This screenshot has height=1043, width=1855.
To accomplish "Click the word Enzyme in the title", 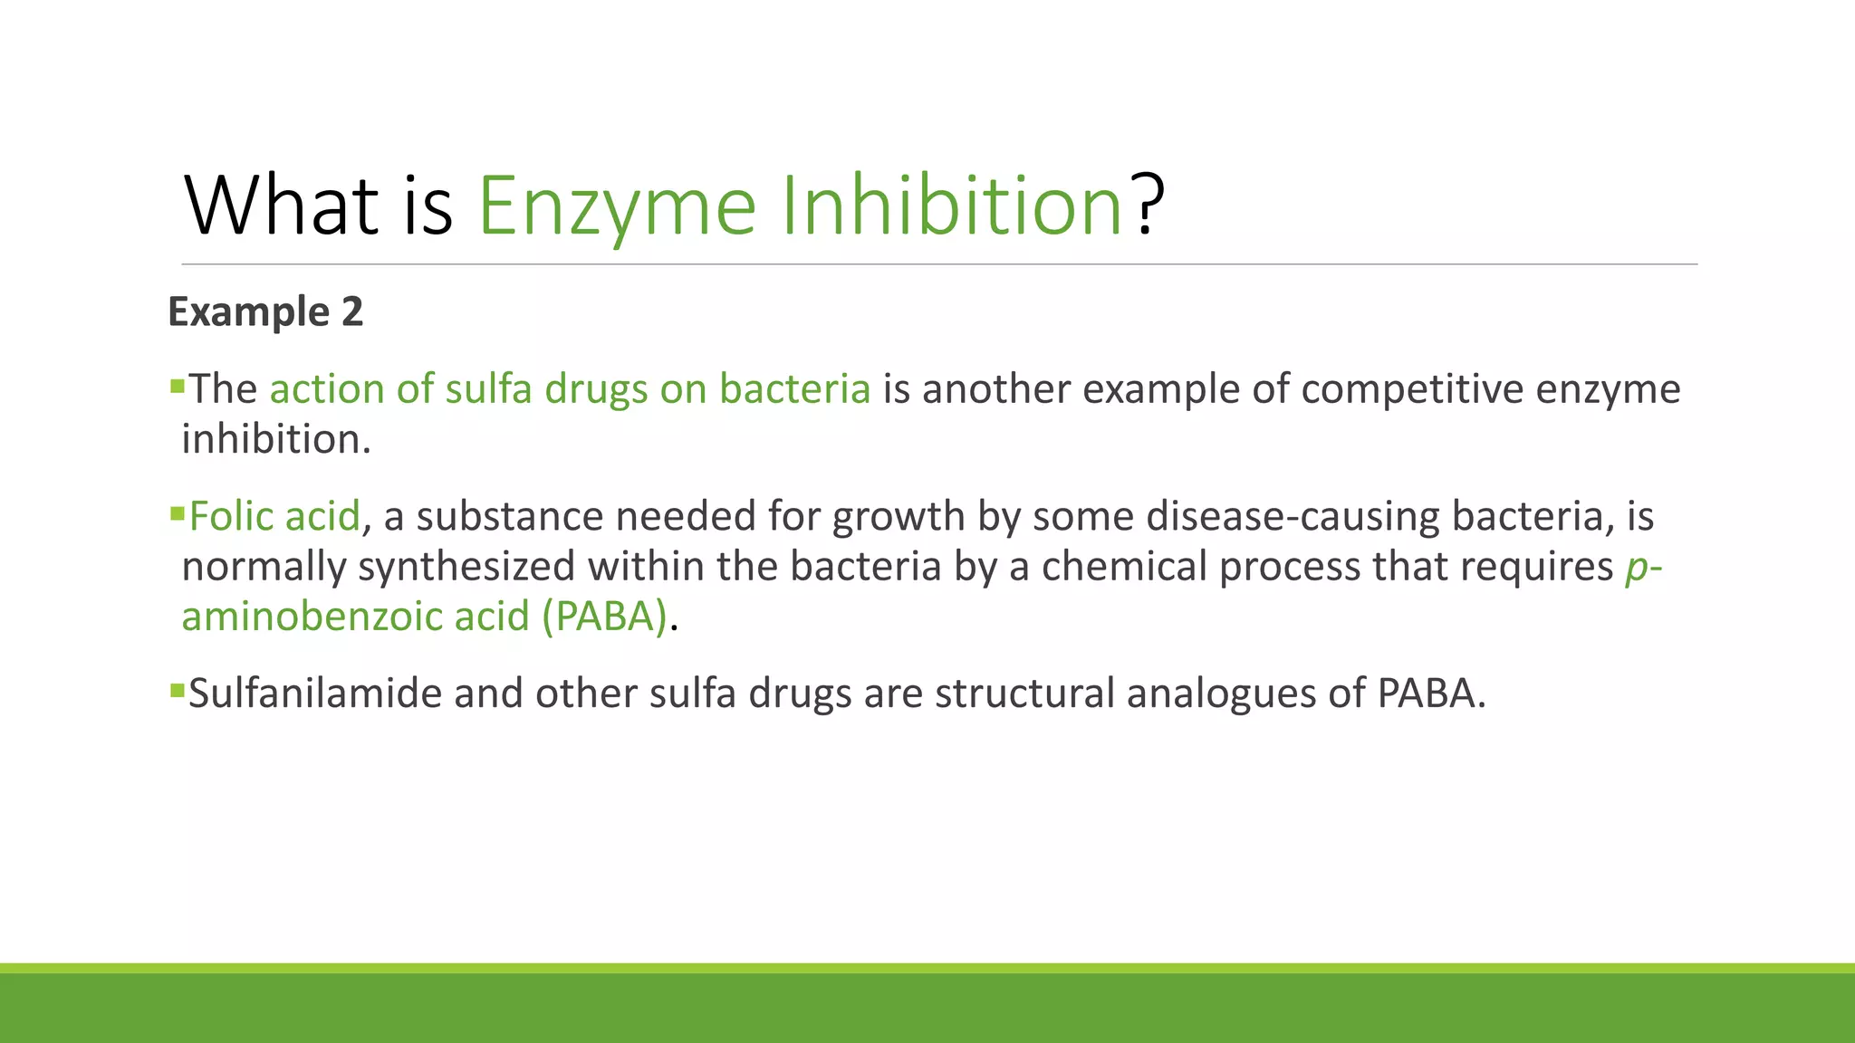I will coord(616,207).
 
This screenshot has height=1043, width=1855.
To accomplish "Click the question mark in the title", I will coord(1148,206).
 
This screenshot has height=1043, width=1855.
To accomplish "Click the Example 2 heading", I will coord(265,311).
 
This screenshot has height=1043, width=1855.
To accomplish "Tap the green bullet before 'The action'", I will coord(177,388).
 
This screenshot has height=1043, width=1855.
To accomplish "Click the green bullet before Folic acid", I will coord(177,514).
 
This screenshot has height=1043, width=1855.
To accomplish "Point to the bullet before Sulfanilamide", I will coord(177,692).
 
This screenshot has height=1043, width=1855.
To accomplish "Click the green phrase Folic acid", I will coord(274,516).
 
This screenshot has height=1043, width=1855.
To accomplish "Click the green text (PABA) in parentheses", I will coord(604,617).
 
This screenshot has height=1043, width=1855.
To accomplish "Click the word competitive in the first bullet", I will coord(1415,389).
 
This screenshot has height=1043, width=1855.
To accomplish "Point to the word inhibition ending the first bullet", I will coord(275,439).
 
